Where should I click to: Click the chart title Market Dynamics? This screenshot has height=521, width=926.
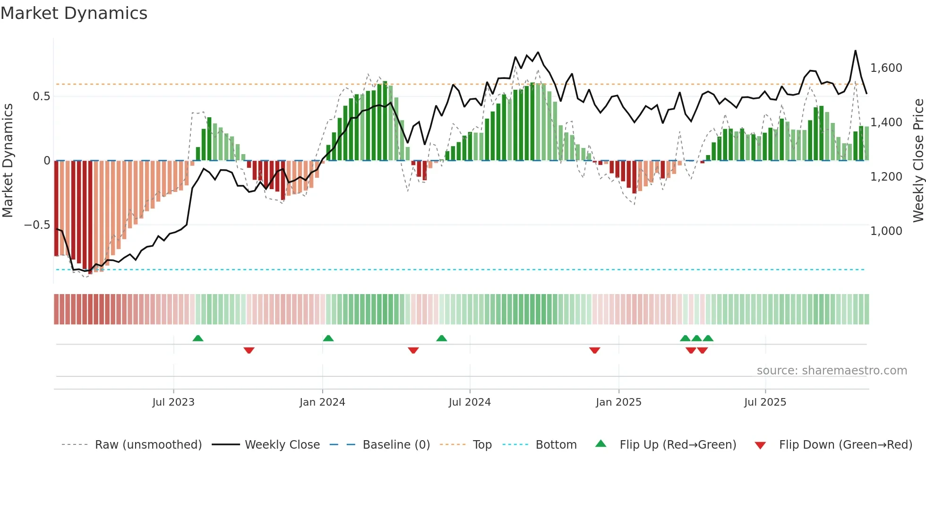click(74, 13)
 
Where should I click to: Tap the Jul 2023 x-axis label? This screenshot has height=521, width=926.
click(173, 402)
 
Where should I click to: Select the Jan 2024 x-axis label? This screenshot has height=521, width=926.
click(322, 402)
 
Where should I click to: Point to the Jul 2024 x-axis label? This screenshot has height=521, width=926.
click(470, 402)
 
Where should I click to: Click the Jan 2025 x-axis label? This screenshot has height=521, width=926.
click(618, 402)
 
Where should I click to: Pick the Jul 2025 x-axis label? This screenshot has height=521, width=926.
click(765, 402)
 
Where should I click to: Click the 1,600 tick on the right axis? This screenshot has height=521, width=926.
click(886, 68)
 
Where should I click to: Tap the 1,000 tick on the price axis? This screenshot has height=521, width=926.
click(886, 231)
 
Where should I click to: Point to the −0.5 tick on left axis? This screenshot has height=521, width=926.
click(37, 225)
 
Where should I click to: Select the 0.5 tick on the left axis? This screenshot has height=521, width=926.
click(41, 96)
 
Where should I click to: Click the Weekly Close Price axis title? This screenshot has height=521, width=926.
click(918, 161)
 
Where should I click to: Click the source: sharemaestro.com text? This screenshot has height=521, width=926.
click(832, 371)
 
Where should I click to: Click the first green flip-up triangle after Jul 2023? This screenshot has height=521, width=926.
click(198, 339)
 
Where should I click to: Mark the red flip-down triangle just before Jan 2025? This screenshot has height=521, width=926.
click(595, 350)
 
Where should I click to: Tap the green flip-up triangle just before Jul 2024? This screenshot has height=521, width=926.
click(441, 339)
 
